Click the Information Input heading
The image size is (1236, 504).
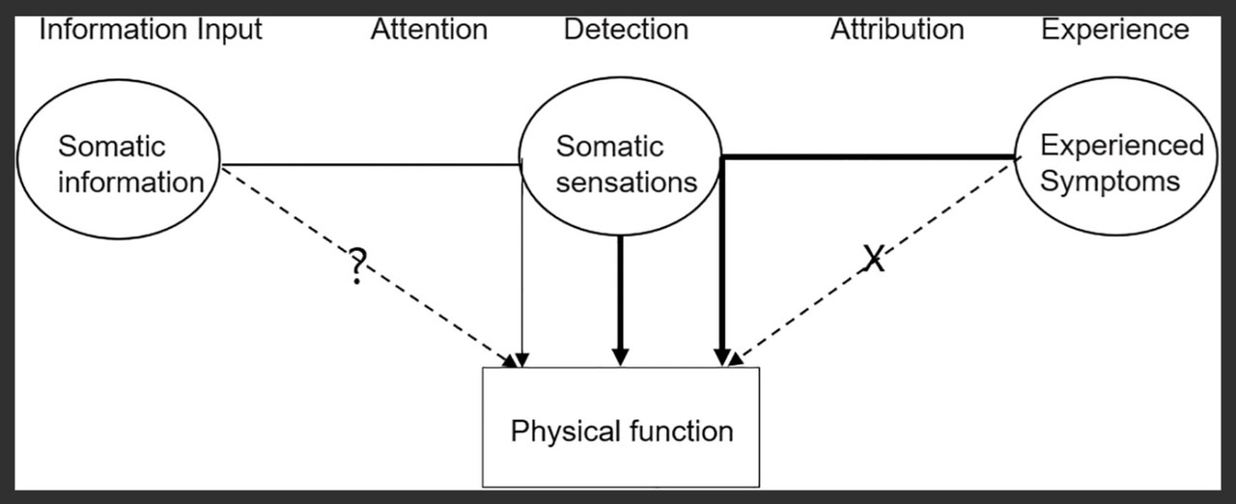point(150,30)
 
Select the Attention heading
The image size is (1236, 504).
point(429,30)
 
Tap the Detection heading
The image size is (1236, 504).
point(626,30)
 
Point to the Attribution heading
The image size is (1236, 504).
point(897,30)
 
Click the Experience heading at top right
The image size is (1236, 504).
point(1114,30)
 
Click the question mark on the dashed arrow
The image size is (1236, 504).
point(356,266)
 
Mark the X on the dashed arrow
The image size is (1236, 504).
point(873,258)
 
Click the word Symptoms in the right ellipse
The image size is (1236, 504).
point(1110,182)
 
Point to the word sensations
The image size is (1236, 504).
point(626,182)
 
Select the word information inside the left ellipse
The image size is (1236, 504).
point(130,182)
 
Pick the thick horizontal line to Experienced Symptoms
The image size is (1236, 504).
point(869,156)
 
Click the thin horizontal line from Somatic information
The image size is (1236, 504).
point(372,164)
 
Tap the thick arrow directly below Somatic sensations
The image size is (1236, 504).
point(620,299)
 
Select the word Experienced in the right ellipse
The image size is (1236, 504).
point(1121,146)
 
